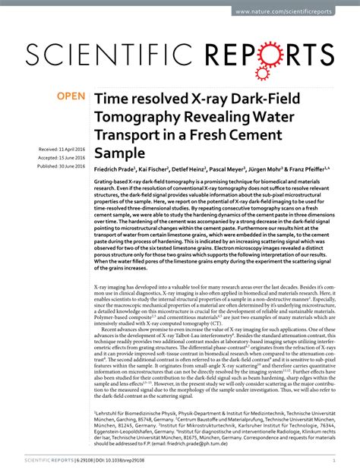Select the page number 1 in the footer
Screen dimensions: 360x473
(x=335, y=459)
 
